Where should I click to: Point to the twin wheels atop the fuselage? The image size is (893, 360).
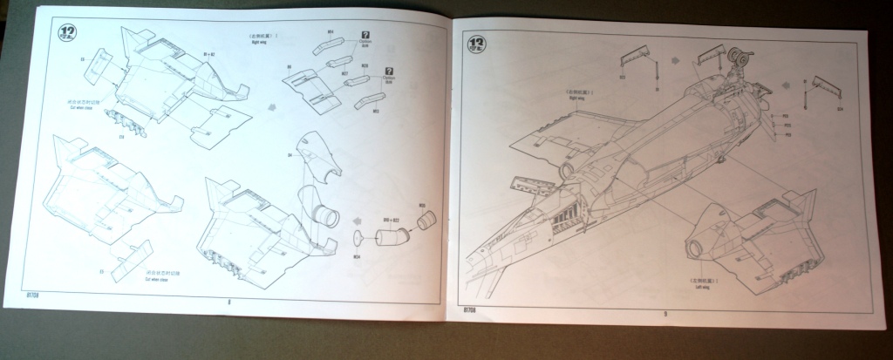pos(740,59)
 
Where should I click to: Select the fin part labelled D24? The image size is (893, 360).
pos(826,89)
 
